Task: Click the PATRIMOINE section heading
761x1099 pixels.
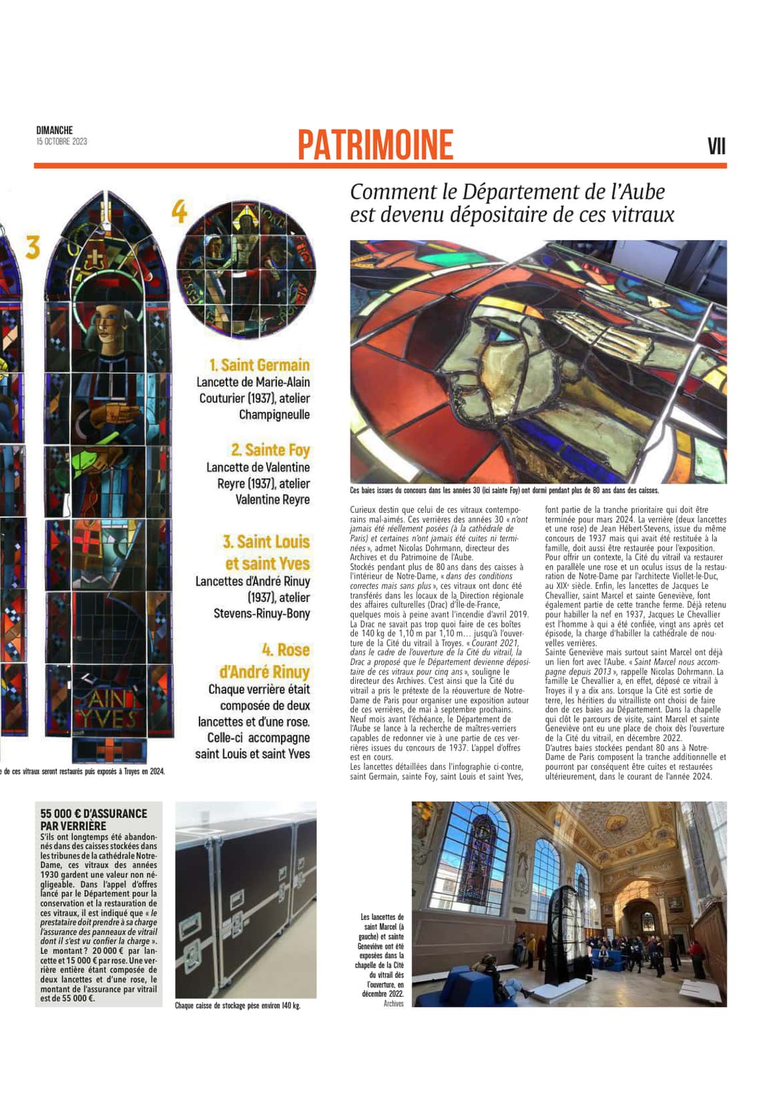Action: pos(375,145)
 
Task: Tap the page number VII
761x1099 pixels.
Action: pos(716,146)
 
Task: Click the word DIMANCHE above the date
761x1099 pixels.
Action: pos(55,130)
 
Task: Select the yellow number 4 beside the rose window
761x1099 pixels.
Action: pos(179,212)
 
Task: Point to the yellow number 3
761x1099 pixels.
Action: pos(33,248)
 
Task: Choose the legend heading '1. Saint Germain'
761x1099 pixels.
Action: pos(259,365)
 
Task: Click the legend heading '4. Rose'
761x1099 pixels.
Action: pos(285,650)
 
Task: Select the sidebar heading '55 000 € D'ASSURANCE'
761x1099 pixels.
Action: pos(93,813)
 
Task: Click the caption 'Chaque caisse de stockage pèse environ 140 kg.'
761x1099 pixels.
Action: pos(237,1005)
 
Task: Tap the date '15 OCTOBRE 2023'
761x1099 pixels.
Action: pos(61,142)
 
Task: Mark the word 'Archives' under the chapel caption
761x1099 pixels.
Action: pos(393,1004)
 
